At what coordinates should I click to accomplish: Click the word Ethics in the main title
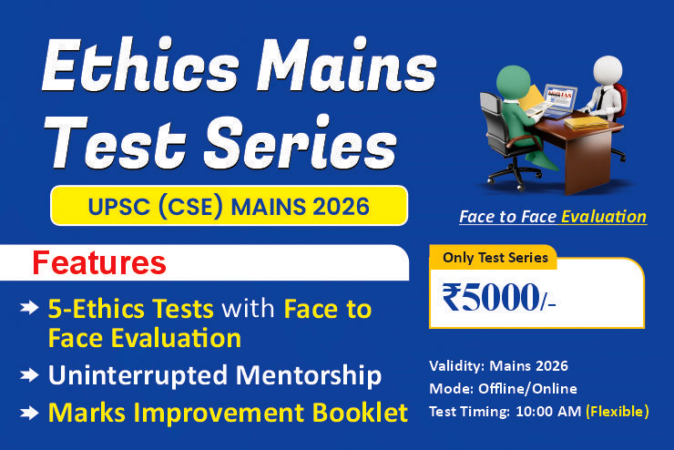coord(140,65)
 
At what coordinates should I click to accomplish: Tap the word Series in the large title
coord(300,142)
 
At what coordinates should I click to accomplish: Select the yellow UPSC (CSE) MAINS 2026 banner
coord(230,206)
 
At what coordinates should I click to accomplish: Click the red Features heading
coord(99,262)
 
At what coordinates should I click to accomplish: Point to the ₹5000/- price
coord(498,298)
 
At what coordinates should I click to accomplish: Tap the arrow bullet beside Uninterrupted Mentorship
coord(29,375)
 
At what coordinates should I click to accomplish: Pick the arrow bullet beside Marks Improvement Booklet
coord(29,413)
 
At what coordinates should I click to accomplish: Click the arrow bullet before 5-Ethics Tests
coord(29,307)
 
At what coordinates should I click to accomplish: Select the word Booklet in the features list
coord(360,413)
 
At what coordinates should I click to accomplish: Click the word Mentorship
coord(309,375)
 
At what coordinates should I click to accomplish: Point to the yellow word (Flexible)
coord(618,412)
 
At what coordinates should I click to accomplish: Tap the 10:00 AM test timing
coord(548,412)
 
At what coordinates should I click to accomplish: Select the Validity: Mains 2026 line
coord(498,366)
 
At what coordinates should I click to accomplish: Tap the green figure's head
coord(513,82)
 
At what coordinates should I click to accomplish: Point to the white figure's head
coord(608,71)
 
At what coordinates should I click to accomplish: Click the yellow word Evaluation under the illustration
coord(604,217)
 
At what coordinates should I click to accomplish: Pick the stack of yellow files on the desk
coord(587,122)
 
